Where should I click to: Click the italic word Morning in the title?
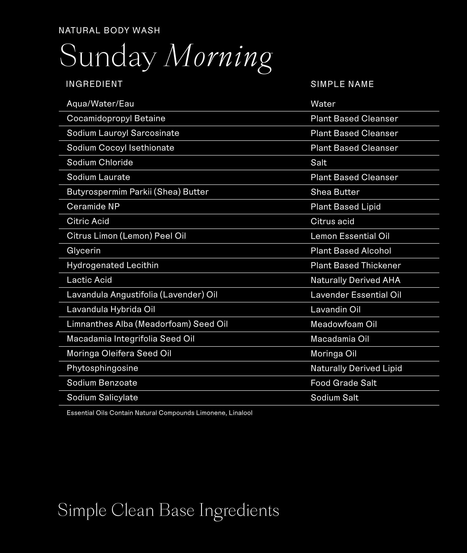218,57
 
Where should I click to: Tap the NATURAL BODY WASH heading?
109,30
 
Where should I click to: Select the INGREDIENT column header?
94,84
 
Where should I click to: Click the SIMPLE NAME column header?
342,84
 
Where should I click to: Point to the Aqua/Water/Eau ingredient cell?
100,104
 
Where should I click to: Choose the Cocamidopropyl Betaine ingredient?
116,118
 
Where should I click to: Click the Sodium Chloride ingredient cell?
100,162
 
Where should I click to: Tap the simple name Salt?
318,163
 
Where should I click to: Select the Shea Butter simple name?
335,192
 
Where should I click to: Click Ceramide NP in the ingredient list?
93,206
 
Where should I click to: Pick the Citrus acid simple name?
332,221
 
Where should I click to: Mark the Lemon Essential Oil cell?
350,236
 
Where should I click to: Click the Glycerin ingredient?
84,250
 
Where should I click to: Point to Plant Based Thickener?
355,265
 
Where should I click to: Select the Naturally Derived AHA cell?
355,280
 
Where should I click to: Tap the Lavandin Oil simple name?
335,309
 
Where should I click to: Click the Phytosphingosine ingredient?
102,368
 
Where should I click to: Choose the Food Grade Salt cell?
343,383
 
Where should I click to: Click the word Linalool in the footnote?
240,413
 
